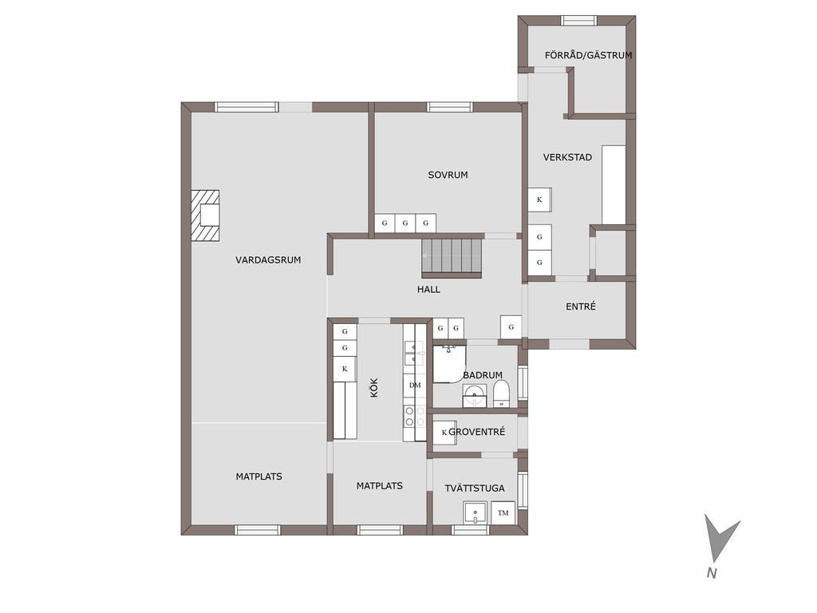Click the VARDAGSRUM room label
click(268, 259)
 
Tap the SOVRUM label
click(448, 175)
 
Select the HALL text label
click(428, 289)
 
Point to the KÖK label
click(373, 388)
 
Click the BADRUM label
click(483, 375)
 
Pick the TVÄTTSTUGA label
click(475, 488)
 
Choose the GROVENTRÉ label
click(477, 432)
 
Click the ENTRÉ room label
click(581, 306)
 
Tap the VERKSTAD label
click(567, 157)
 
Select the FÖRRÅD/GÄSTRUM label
click(588, 55)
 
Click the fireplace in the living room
click(205, 216)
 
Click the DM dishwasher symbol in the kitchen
click(415, 386)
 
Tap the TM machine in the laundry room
click(503, 512)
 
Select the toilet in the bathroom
click(501, 394)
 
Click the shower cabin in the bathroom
click(448, 364)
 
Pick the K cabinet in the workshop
click(539, 200)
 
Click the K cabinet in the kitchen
click(345, 369)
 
